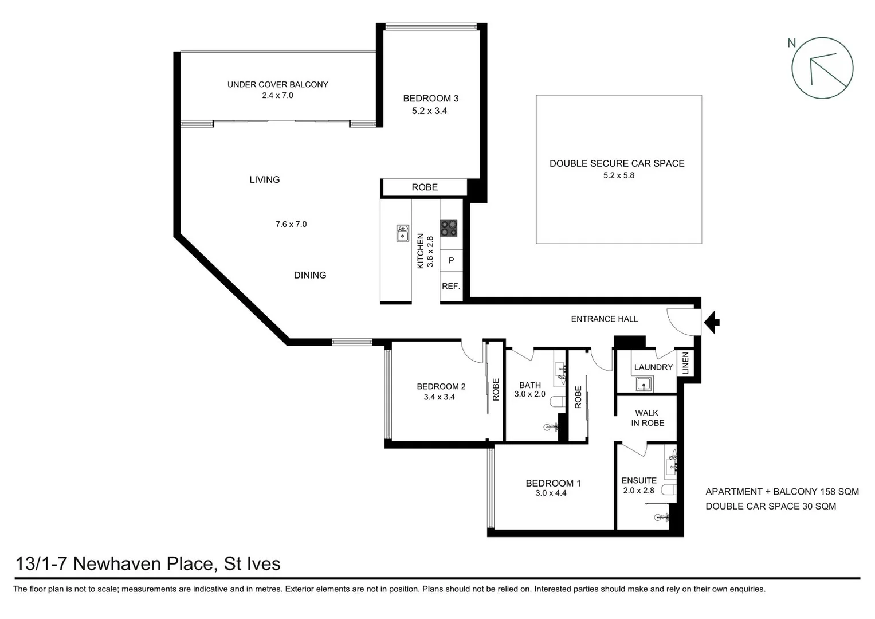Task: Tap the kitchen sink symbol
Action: (402, 233)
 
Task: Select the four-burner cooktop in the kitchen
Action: (449, 228)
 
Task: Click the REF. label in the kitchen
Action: (451, 286)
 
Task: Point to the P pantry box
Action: (451, 261)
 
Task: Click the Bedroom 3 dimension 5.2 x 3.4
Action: (429, 111)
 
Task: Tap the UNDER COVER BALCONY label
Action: (277, 84)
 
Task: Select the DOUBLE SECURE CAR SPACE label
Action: (617, 163)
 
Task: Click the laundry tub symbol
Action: (644, 384)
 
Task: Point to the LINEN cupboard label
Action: (685, 363)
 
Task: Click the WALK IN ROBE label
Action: (648, 418)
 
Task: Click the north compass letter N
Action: (792, 43)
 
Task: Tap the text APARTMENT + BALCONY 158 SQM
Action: (782, 492)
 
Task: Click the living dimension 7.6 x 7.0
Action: (291, 224)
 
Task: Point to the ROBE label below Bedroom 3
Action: (425, 187)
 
